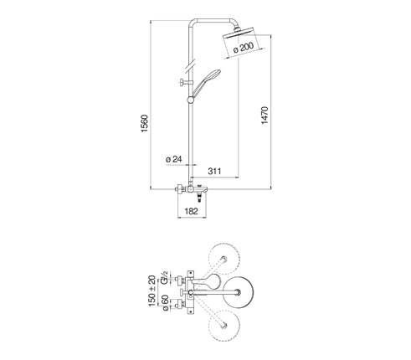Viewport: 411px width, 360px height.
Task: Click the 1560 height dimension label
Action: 145,123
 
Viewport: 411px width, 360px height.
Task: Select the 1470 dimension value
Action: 265,115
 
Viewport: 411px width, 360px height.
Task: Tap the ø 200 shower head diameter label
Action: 244,48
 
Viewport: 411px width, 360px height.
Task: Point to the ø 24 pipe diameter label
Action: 174,159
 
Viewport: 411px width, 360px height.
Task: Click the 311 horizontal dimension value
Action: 214,171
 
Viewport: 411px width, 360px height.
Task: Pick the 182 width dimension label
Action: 191,211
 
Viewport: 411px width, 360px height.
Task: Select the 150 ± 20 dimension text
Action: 152,291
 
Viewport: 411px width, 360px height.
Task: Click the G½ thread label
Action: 164,277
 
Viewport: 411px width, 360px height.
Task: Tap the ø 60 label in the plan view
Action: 164,302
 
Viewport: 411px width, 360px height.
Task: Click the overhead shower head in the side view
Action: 238,33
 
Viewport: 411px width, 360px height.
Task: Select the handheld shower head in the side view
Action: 207,83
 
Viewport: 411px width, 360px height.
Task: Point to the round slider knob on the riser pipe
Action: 191,100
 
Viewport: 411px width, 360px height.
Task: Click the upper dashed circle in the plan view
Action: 224,259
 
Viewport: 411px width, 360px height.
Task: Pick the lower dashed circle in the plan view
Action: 224,326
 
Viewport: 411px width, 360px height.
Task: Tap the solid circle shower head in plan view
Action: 238,292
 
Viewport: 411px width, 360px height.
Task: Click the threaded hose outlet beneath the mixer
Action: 199,198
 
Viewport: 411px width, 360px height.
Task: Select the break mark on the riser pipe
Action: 191,65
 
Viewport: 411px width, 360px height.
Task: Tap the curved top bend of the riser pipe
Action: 192,22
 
